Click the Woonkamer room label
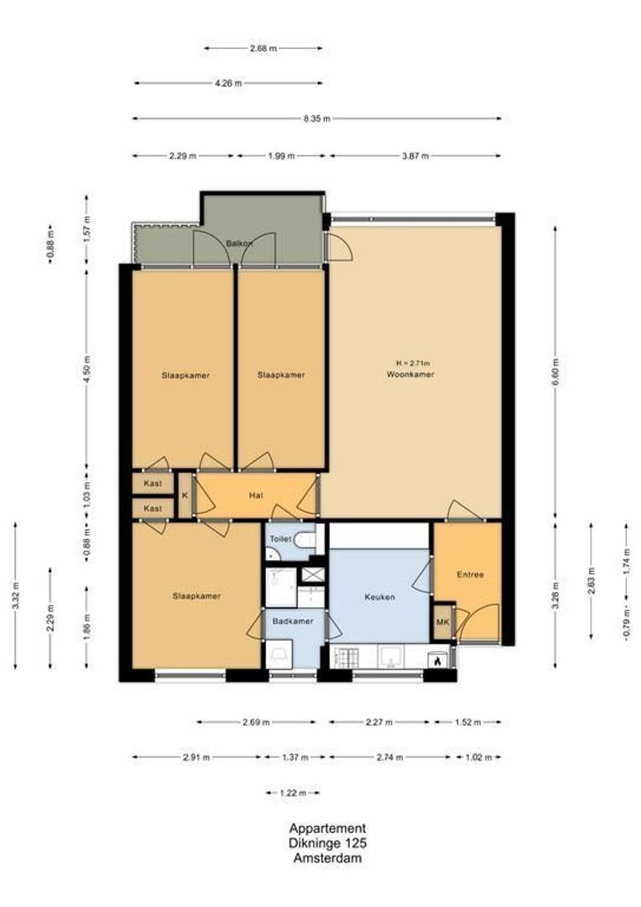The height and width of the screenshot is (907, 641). pos(410,375)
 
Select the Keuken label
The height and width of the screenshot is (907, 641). pos(379,597)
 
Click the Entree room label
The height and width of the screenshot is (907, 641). pos(470,575)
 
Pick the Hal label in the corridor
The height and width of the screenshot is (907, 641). pos(257,496)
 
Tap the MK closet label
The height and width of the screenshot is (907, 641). pos(443,623)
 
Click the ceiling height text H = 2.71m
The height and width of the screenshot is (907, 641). pos(412,364)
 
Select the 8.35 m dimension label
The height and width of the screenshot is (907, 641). pos(317,118)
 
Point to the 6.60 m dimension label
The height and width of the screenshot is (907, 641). pos(555,369)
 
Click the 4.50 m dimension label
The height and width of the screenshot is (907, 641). pos(86,369)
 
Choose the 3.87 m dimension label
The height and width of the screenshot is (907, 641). pos(415,155)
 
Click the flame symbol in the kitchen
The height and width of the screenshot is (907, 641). pos(436,661)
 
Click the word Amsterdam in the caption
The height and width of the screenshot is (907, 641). pos(327,858)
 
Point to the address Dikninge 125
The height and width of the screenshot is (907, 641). pos(327,843)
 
